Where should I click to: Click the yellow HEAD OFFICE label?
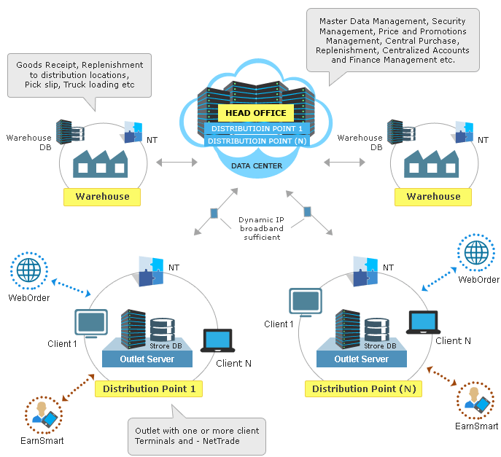(255, 113)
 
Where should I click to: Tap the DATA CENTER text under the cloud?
(256, 165)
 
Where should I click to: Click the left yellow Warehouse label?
(102, 196)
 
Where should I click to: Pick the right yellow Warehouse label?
(433, 196)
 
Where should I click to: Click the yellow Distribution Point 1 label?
(149, 388)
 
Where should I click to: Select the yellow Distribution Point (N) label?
(364, 388)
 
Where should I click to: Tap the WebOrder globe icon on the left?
(29, 270)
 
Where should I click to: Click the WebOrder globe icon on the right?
(476, 254)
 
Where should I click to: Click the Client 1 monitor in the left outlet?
(91, 323)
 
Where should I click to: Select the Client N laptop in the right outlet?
(424, 321)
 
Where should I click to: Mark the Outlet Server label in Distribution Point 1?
(147, 359)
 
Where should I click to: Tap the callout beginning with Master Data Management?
(392, 39)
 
